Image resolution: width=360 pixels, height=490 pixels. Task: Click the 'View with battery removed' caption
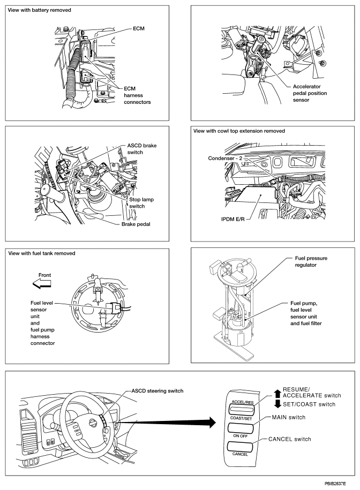40,10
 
